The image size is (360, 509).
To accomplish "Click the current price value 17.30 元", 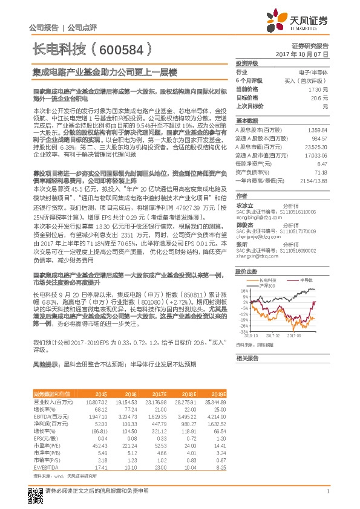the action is point(319,89).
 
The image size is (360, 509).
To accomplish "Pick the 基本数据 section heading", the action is point(247,120).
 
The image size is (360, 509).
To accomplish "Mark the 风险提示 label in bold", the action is point(44,365).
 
